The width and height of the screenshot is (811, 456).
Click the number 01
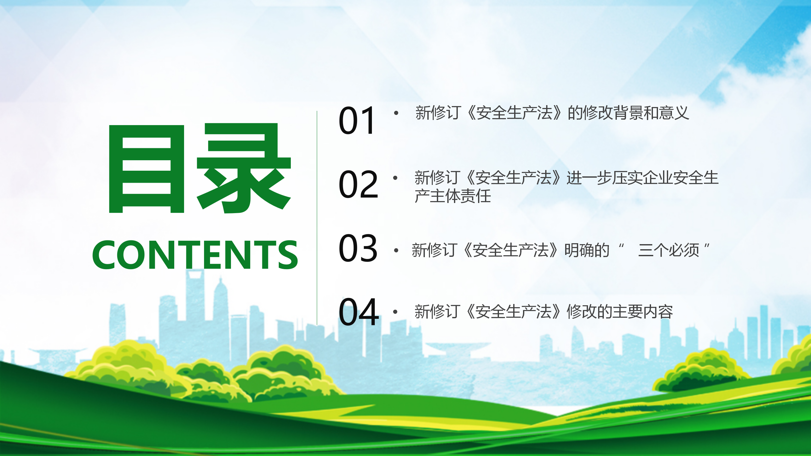coord(357,120)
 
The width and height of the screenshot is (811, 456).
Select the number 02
coord(358,184)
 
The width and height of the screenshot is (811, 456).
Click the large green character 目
coord(146,168)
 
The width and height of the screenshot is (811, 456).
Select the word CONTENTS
coord(195,255)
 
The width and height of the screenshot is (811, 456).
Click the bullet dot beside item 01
coord(396,113)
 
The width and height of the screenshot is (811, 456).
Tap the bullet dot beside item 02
coord(395,178)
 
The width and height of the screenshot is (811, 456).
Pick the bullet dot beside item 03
coord(396,250)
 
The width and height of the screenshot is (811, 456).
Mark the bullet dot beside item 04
coord(395,312)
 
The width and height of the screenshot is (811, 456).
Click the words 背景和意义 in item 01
coord(651,113)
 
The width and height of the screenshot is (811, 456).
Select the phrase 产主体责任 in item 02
coord(453,196)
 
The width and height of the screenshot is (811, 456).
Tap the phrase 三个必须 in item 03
coord(669,250)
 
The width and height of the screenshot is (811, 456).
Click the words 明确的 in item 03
coord(587,250)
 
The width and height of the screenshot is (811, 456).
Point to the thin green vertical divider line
coord(317,218)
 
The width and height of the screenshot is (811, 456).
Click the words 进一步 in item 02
coord(589,178)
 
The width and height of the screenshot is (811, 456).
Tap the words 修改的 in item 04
coord(589,312)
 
